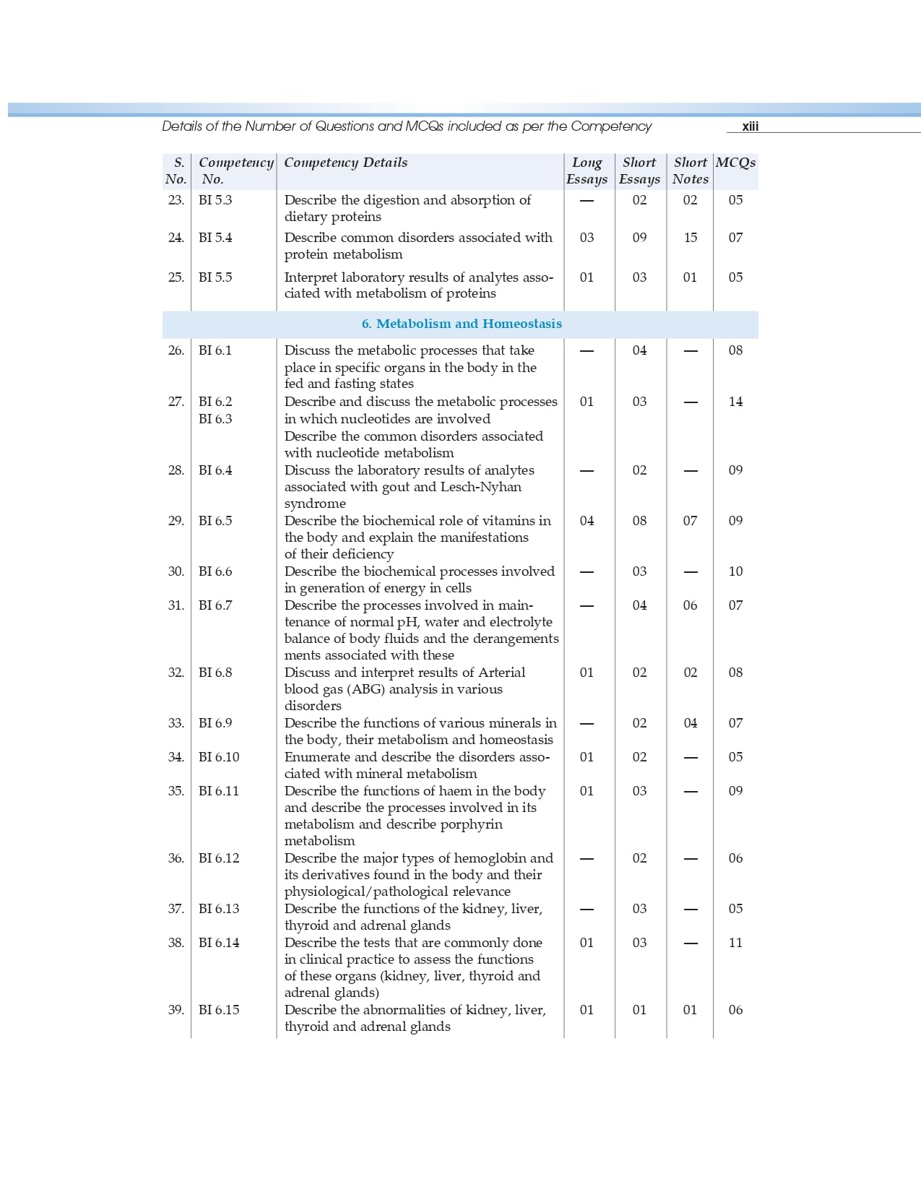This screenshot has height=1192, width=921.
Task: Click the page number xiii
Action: [750, 126]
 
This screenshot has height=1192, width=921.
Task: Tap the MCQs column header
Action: [735, 163]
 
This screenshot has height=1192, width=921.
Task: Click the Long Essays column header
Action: [587, 170]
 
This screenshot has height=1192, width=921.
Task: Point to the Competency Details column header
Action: [345, 163]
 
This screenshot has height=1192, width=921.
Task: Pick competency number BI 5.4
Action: [215, 238]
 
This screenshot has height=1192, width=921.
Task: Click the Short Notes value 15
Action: [690, 238]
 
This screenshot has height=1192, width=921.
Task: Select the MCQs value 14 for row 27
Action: [735, 402]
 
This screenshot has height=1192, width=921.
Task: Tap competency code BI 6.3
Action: [215, 419]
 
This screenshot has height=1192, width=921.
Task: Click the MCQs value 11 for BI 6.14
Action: [735, 943]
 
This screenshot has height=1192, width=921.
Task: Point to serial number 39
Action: [176, 1010]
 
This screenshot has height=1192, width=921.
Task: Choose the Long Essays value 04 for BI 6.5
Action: [587, 521]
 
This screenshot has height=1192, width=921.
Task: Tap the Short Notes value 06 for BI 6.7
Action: [690, 605]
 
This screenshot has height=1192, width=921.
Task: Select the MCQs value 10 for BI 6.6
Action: [735, 571]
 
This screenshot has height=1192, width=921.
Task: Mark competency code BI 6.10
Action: [219, 757]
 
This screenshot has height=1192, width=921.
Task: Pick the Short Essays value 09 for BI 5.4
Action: [639, 238]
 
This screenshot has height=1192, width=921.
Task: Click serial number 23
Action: [176, 200]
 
